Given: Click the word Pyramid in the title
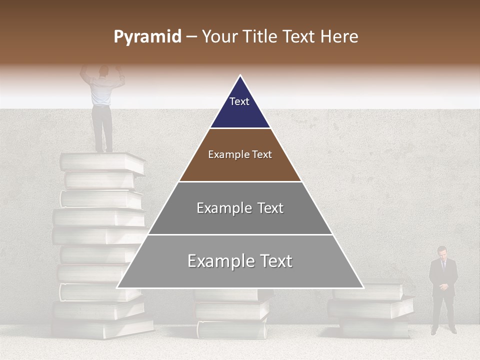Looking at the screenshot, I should click(x=147, y=37).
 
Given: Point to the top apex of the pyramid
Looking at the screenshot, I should click(x=240, y=76).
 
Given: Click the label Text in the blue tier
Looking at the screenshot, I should click(x=239, y=101).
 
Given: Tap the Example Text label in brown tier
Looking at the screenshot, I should click(x=240, y=154).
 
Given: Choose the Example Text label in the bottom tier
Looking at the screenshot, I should click(x=240, y=261).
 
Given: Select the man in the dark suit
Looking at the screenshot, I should click(x=442, y=290).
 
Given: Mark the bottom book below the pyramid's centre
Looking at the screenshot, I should click(x=231, y=329).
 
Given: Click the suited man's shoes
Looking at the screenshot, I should click(x=443, y=330).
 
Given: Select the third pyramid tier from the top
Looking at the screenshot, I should click(x=240, y=208).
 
